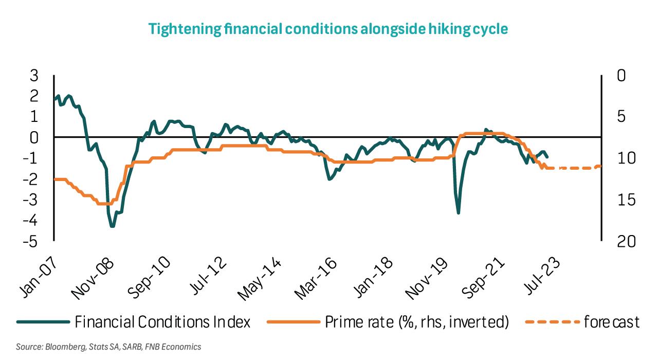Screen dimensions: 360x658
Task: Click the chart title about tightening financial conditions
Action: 328,29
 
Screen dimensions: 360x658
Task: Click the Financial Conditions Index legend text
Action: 162,322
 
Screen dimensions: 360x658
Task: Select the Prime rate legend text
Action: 416,322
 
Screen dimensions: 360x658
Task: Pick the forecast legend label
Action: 612,322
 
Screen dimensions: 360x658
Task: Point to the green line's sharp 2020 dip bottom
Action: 458,212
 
